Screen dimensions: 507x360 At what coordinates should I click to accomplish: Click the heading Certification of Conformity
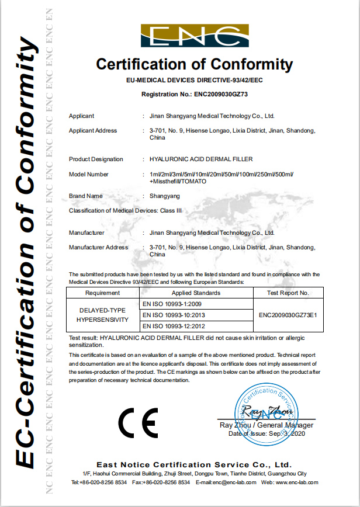click(194, 64)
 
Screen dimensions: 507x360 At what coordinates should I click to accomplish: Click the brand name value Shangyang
click(165, 196)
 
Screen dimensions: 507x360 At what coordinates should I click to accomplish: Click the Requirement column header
click(103, 293)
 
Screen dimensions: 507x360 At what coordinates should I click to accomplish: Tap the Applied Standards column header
click(196, 293)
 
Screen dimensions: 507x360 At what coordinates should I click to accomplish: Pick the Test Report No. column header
click(288, 293)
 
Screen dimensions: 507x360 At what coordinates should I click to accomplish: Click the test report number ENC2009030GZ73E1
click(288, 315)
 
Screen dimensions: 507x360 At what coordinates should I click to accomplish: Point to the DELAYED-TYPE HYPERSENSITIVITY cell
click(103, 315)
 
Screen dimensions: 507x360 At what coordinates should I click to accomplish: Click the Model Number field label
click(89, 174)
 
